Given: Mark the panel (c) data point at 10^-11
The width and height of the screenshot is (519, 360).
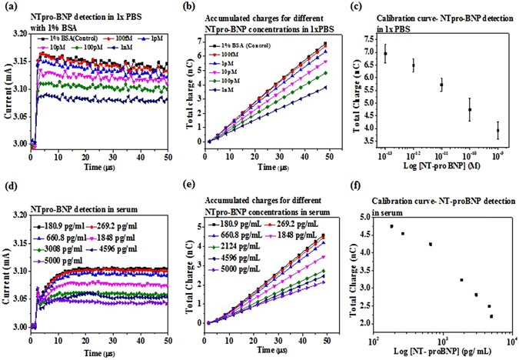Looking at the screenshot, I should pyautogui.click(x=441, y=85).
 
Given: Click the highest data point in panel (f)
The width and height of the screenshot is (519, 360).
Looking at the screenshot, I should pyautogui.click(x=391, y=226).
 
